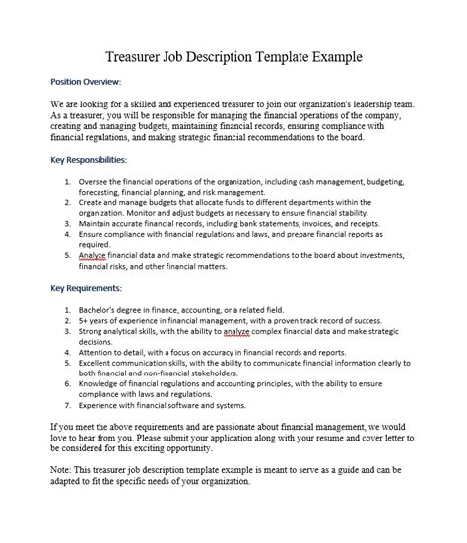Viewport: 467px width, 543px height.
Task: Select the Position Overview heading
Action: (x=83, y=82)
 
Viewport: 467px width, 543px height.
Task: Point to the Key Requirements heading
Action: (x=85, y=288)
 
